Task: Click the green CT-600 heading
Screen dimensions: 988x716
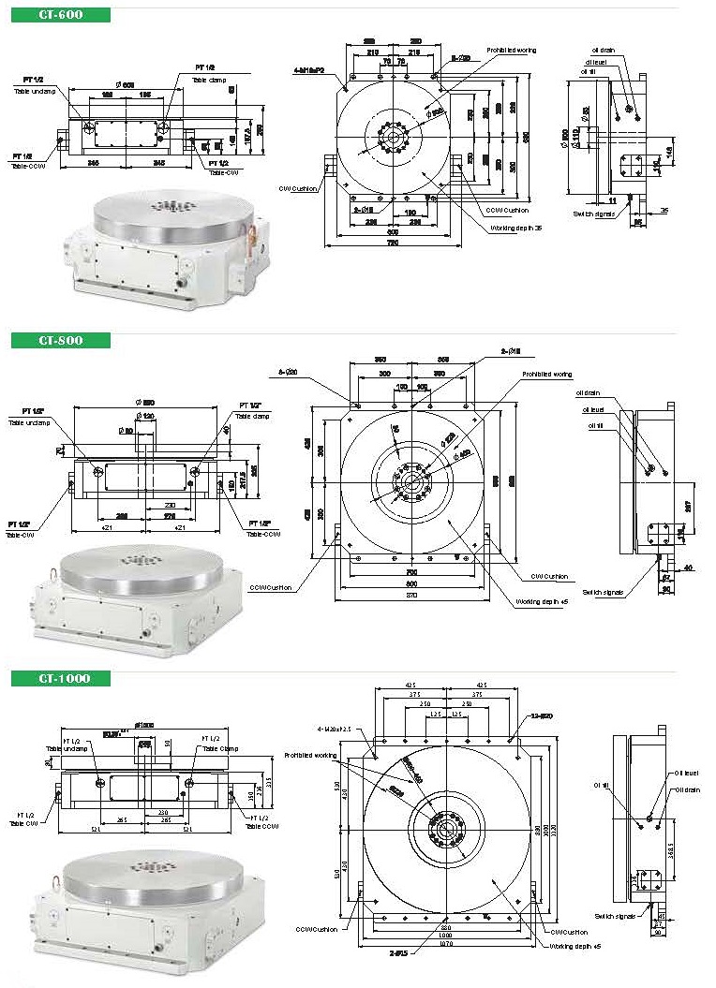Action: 60,15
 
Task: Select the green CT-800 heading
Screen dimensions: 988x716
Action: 60,340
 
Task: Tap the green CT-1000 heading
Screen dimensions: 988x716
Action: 60,678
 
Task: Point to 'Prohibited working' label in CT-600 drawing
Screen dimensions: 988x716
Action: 511,50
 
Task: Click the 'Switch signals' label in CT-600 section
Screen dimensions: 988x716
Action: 592,214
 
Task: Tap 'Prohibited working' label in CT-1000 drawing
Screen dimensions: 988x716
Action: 311,754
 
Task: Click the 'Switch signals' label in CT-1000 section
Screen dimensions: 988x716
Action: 615,916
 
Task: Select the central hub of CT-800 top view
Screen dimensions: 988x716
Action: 410,482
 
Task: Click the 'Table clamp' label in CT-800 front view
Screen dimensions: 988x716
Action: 252,416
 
